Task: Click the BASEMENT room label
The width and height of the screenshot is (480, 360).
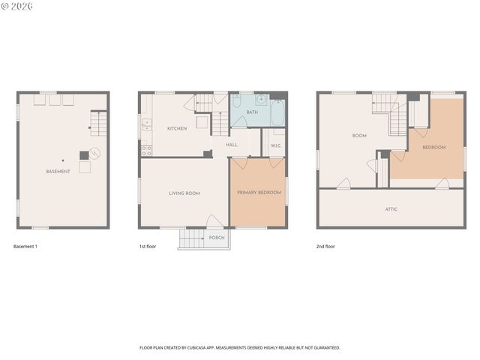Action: coord(58,172)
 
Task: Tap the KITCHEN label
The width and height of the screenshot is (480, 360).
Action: coord(177,129)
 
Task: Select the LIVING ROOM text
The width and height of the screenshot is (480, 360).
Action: coord(184,193)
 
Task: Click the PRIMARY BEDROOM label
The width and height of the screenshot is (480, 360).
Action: coord(259,193)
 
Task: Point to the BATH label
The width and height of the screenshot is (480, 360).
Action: coord(252,112)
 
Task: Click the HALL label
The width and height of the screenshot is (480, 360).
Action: coord(232,145)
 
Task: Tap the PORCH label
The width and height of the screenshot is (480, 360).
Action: coord(217,238)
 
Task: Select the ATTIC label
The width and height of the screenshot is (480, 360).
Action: coord(391,209)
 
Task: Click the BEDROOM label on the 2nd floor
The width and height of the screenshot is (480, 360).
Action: coord(433,148)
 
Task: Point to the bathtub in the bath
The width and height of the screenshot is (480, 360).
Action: coord(277,113)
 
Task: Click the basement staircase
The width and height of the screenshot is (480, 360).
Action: coord(98,122)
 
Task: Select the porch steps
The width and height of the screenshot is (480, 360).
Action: coord(192,238)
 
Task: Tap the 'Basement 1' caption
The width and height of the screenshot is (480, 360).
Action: coord(25,247)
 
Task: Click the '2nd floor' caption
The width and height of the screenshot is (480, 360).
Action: coord(325,247)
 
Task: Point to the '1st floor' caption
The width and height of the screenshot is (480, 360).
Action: coord(148,247)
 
